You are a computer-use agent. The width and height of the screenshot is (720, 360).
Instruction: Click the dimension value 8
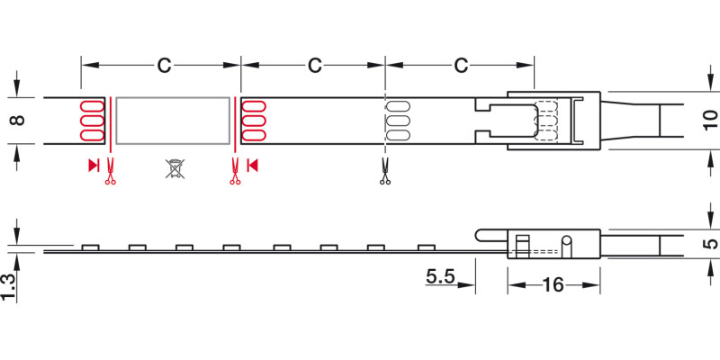[x=17, y=121]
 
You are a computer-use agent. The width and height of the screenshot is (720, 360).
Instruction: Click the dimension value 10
[x=710, y=121]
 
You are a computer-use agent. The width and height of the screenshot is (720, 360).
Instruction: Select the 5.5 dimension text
[x=440, y=276]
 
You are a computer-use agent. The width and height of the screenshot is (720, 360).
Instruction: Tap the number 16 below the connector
[x=553, y=285]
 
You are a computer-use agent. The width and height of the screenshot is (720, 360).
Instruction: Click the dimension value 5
[x=711, y=243]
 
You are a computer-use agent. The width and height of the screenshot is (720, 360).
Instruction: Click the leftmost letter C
[x=164, y=66]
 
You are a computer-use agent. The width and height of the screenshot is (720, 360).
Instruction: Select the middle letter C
[x=314, y=66]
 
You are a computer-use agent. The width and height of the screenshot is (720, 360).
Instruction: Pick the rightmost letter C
[x=461, y=66]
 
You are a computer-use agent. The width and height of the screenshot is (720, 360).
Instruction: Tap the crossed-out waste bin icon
[x=175, y=168]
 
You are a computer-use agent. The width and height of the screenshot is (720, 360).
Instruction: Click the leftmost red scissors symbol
[x=110, y=171]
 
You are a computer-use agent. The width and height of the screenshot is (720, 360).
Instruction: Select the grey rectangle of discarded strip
[x=173, y=121]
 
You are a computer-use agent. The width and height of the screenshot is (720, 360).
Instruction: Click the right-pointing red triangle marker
[x=94, y=166]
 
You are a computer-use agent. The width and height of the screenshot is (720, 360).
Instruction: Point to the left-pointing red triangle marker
[x=252, y=166]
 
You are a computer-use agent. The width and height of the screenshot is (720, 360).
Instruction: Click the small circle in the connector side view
[x=567, y=240]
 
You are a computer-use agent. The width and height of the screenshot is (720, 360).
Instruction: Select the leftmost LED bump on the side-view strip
[x=91, y=247]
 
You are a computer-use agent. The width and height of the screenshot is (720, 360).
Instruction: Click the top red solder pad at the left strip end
[x=92, y=106]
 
